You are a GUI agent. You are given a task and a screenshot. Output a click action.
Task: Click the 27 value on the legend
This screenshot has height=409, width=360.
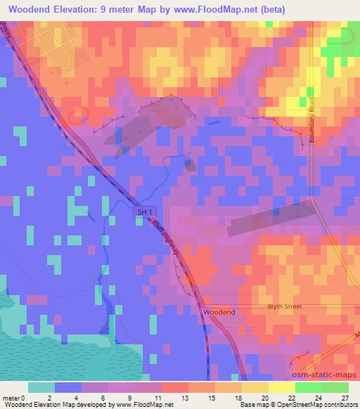pyautogui.click(x=344, y=398)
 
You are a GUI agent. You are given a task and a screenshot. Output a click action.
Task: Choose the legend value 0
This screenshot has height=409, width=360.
pyautogui.click(x=29, y=398)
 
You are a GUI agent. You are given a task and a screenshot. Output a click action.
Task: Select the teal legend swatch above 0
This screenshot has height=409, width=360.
pyautogui.click(x=41, y=387)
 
